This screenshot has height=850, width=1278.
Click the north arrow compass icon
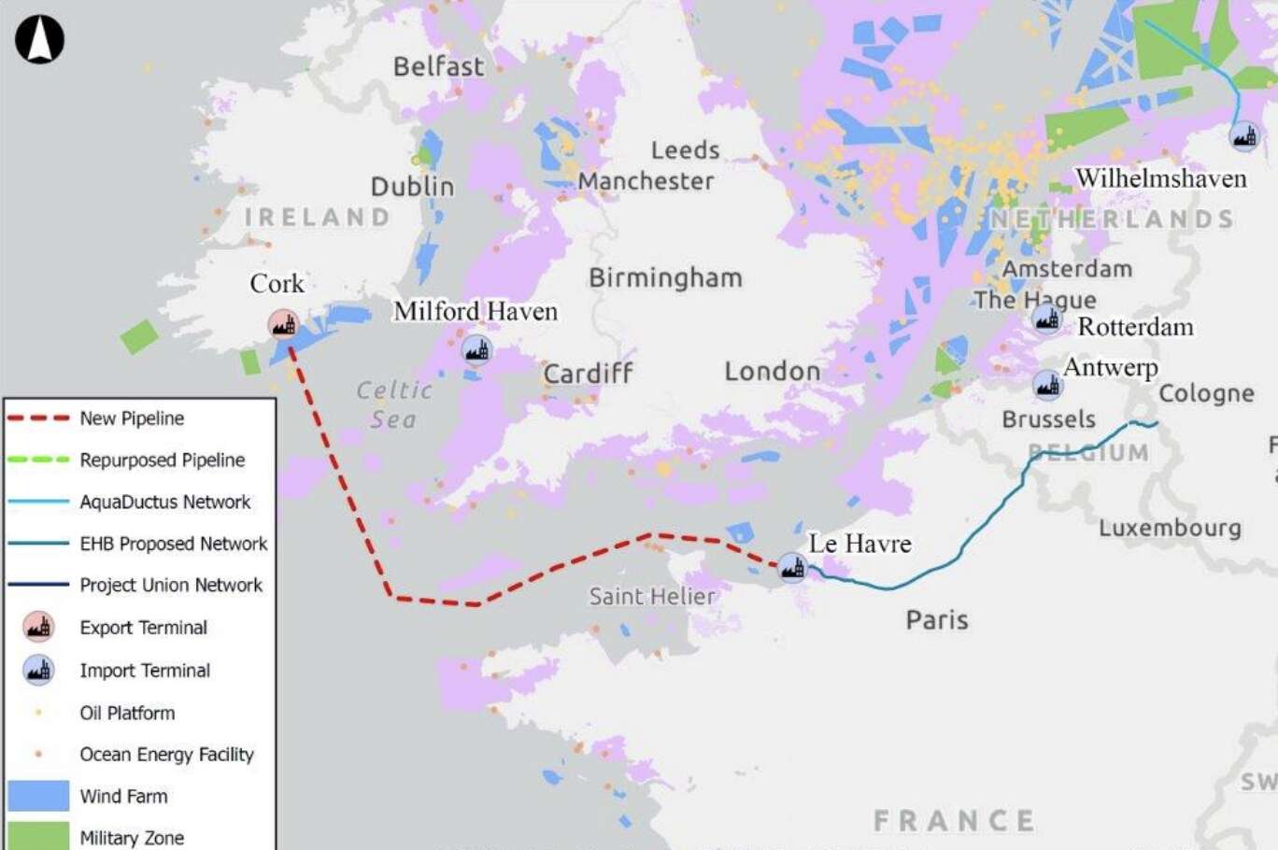pos(40,40)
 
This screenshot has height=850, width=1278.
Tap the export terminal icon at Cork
pos(284,324)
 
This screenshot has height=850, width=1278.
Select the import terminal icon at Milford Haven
pos(476,351)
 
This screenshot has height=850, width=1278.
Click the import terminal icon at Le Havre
pos(793,566)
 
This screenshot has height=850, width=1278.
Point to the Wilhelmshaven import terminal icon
pos(1243,136)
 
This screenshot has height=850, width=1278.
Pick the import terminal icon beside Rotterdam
pos(1047,319)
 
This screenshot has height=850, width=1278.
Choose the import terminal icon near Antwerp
pos(1047,384)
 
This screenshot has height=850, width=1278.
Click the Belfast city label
pos(438,66)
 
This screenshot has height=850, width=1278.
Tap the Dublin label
pos(412,186)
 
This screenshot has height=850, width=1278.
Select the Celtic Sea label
pos(394,404)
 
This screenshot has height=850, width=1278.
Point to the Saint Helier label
pos(652,596)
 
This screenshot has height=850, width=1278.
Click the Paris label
pos(937,620)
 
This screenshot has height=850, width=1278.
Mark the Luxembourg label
pos(1170,528)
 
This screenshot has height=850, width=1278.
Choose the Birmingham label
pos(665,278)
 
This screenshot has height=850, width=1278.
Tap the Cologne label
pos(1206,393)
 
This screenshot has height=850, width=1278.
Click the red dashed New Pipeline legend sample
pos(38,418)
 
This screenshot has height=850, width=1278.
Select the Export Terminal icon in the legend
pos(38,628)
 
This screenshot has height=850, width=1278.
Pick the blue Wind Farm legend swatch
pos(38,796)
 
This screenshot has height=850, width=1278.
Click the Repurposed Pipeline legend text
pos(163,460)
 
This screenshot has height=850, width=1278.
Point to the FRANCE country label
pos(954,820)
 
